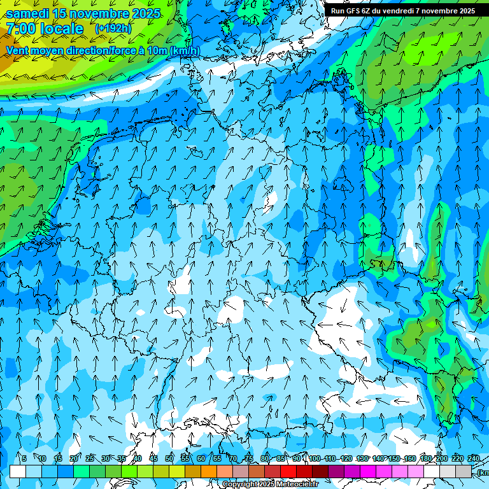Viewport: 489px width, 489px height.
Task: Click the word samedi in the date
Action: [28, 13]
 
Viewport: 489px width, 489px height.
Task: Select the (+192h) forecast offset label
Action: [113, 29]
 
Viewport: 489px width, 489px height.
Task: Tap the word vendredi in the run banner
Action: [395, 11]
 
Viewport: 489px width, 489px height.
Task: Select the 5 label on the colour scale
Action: [24, 458]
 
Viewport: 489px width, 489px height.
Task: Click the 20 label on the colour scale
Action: [74, 458]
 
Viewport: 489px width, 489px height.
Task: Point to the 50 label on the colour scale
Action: [169, 458]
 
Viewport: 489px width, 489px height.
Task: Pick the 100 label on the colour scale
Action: [315, 458]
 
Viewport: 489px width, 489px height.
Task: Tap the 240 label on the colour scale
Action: [473, 458]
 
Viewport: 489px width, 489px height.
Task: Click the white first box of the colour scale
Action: [18, 471]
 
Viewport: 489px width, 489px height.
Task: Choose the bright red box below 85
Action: [288, 471]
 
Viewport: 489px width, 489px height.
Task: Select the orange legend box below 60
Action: [209, 471]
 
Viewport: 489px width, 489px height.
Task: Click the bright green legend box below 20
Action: [81, 471]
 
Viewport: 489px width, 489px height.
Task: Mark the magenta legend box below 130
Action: [368, 471]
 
